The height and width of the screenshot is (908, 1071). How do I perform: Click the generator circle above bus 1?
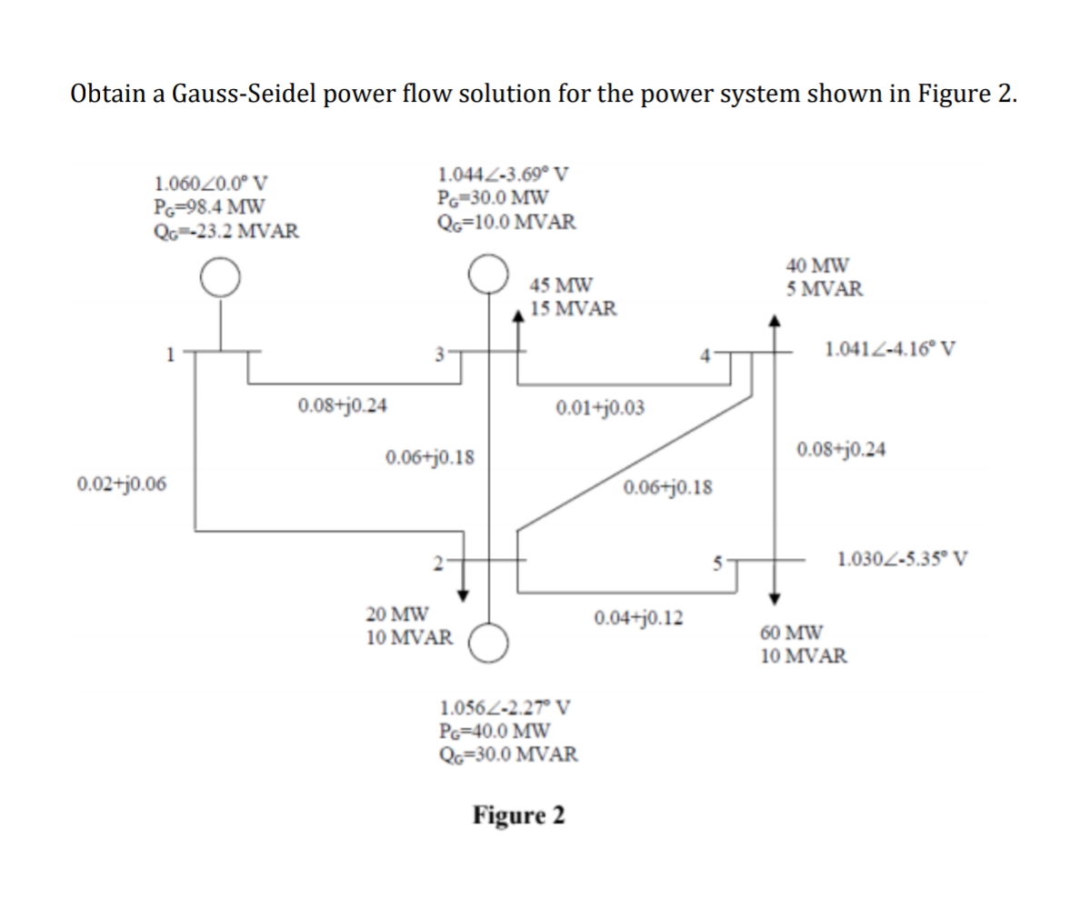click(x=221, y=278)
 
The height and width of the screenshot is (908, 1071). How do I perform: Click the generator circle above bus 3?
click(x=488, y=272)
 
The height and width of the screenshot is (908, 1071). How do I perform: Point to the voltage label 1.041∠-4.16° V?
click(x=889, y=349)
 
